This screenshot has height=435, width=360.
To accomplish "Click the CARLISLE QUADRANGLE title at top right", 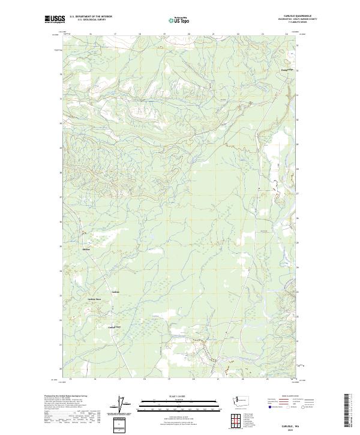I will click(302, 16).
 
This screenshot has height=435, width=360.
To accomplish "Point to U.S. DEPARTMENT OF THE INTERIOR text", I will click(91, 17).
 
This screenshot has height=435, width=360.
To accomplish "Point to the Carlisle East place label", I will click(115, 327).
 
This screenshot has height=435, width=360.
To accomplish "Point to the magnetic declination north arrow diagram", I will click(124, 406).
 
